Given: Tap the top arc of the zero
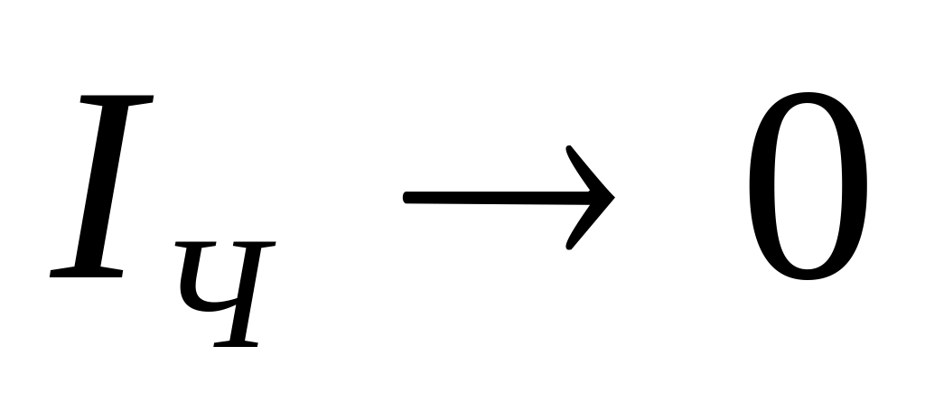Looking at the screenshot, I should (x=807, y=94).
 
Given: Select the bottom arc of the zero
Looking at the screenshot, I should (x=807, y=275).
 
